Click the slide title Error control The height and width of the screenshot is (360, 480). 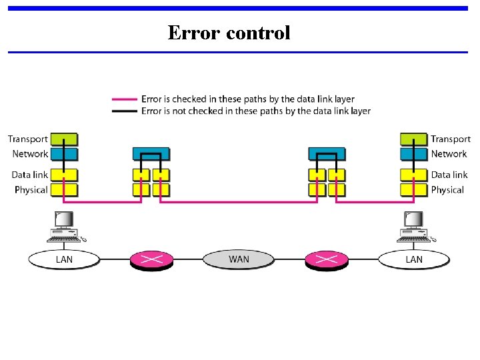point(229,33)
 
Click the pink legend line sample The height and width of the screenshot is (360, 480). point(125,100)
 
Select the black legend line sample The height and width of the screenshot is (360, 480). point(125,111)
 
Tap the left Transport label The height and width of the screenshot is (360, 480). point(28,139)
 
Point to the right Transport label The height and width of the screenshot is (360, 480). point(450,139)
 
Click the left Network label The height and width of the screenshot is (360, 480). point(30,154)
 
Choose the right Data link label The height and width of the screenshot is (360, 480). point(449,175)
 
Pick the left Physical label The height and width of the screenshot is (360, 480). point(31,190)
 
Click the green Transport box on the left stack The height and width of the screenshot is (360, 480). point(64,139)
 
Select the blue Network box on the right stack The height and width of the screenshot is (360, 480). point(413,154)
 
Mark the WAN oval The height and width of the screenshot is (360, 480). point(239,259)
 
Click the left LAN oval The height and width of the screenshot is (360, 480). point(64,259)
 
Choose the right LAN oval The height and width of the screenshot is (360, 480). point(413,259)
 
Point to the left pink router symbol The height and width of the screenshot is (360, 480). point(151,259)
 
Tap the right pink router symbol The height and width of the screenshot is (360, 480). point(327,259)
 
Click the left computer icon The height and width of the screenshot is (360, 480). point(65,227)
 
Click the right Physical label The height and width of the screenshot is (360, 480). point(447,190)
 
